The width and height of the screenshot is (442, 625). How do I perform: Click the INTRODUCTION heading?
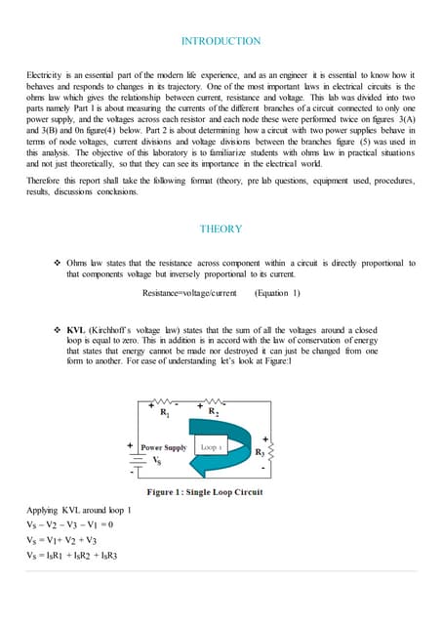tap(221, 41)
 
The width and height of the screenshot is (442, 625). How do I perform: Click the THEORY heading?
tap(221, 229)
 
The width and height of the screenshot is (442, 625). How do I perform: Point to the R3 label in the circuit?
tap(260, 452)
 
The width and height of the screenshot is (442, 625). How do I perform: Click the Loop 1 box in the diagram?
tap(213, 446)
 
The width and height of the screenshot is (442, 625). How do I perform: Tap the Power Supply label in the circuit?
tap(163, 447)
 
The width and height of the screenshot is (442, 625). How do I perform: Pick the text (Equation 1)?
tap(277, 293)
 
